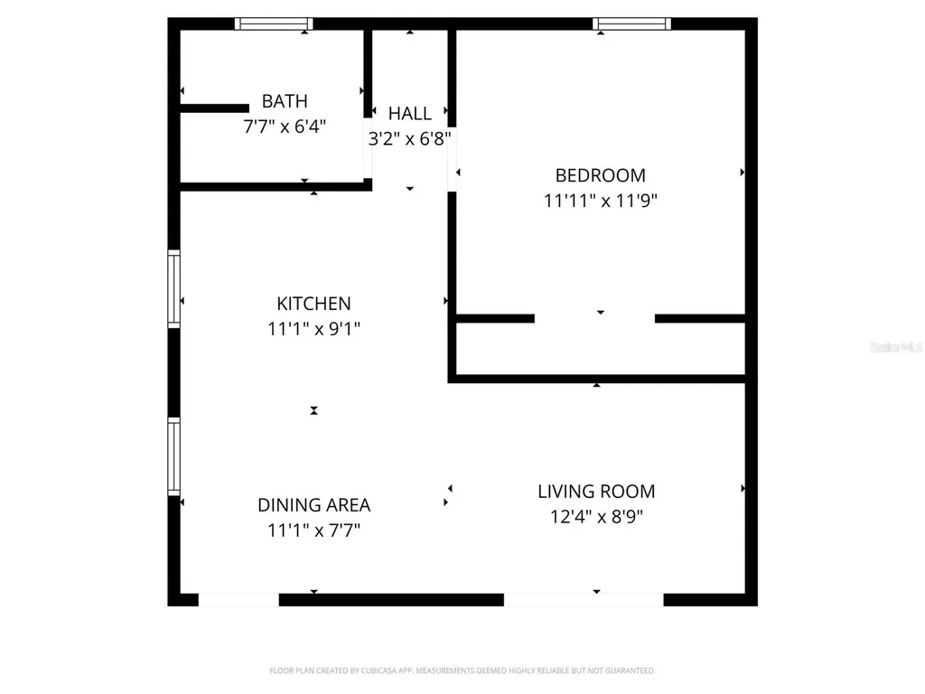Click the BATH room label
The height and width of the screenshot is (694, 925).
click(285, 101)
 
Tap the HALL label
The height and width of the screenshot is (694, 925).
click(410, 114)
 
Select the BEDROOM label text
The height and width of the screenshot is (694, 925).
click(600, 175)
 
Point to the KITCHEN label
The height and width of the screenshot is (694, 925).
click(313, 304)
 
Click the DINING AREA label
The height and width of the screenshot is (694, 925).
click(313, 505)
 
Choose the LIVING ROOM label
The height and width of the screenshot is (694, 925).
click(596, 492)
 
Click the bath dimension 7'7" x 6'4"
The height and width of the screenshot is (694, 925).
click(285, 127)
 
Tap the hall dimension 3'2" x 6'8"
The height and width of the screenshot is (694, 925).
click(410, 139)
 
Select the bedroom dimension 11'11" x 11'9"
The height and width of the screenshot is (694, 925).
click(600, 201)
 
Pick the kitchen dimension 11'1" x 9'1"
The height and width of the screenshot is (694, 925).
click(313, 329)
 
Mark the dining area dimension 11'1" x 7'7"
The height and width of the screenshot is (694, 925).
click(313, 530)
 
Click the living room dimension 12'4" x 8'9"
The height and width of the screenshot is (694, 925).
click(596, 517)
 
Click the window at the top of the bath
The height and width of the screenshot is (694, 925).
click(274, 23)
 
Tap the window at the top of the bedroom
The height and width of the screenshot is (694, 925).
click(631, 23)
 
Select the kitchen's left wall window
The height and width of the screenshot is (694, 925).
click(173, 287)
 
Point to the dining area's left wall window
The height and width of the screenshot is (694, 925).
click(173, 455)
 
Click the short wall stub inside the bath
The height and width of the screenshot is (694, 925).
click(214, 108)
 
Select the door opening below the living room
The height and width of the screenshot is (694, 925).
click(584, 599)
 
